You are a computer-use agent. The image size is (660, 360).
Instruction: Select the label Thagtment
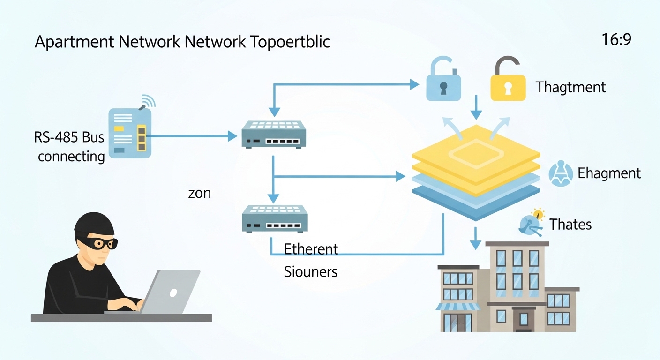(570, 87)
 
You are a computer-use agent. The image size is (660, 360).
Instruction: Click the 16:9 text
(616, 40)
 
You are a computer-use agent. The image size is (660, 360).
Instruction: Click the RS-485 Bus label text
(69, 138)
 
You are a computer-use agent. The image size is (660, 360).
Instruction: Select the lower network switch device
(274, 219)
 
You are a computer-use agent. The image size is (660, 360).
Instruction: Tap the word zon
(199, 193)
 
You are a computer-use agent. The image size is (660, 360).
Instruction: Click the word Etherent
(311, 249)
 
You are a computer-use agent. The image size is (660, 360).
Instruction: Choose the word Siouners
(311, 271)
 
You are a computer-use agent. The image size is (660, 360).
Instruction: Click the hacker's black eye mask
(104, 243)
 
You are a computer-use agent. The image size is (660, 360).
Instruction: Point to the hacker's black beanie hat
(94, 224)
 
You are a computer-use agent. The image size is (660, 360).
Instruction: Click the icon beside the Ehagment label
(561, 174)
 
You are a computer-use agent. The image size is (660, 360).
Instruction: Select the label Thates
(570, 225)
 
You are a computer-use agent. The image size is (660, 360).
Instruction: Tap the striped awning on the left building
(458, 307)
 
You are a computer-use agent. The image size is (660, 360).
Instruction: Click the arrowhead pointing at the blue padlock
(414, 84)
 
